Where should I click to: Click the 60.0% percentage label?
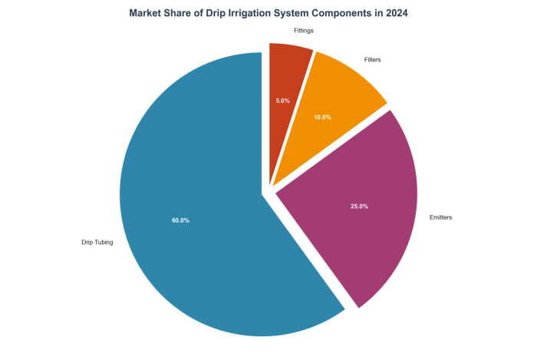click(180, 220)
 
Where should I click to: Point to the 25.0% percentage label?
click(359, 206)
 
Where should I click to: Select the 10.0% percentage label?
click(322, 117)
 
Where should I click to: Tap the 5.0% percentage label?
click(282, 101)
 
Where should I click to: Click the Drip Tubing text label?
click(97, 243)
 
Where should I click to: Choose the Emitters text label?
click(440, 218)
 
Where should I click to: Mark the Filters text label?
click(372, 59)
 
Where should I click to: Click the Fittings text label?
click(304, 30)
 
